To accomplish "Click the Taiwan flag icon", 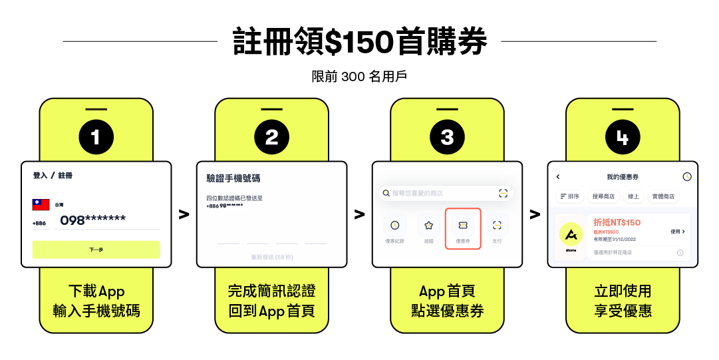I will pyautogui.click(x=41, y=205).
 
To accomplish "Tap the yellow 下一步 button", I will pyautogui.click(x=96, y=250).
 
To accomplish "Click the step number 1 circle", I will pyautogui.click(x=96, y=137).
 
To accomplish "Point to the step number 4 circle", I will pyautogui.click(x=623, y=137).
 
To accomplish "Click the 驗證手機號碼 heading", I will pyautogui.click(x=233, y=178).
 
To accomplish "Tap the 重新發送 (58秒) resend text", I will pyautogui.click(x=272, y=257).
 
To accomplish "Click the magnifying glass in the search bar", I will pyautogui.click(x=385, y=194).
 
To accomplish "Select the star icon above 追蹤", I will pyautogui.click(x=429, y=225).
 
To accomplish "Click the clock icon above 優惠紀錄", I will pyautogui.click(x=395, y=225).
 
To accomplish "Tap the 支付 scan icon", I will pyautogui.click(x=497, y=225).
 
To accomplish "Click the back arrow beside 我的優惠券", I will pyautogui.click(x=558, y=177).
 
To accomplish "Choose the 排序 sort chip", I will pyautogui.click(x=570, y=196).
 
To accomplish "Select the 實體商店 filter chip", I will pyautogui.click(x=662, y=196).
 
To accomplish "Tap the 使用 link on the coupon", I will pyautogui.click(x=677, y=232).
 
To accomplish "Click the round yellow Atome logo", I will pyautogui.click(x=571, y=234).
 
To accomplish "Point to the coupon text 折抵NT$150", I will pyautogui.click(x=617, y=222).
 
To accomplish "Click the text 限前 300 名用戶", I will pyautogui.click(x=359, y=77).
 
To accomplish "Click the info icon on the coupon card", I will pyautogui.click(x=680, y=253).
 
